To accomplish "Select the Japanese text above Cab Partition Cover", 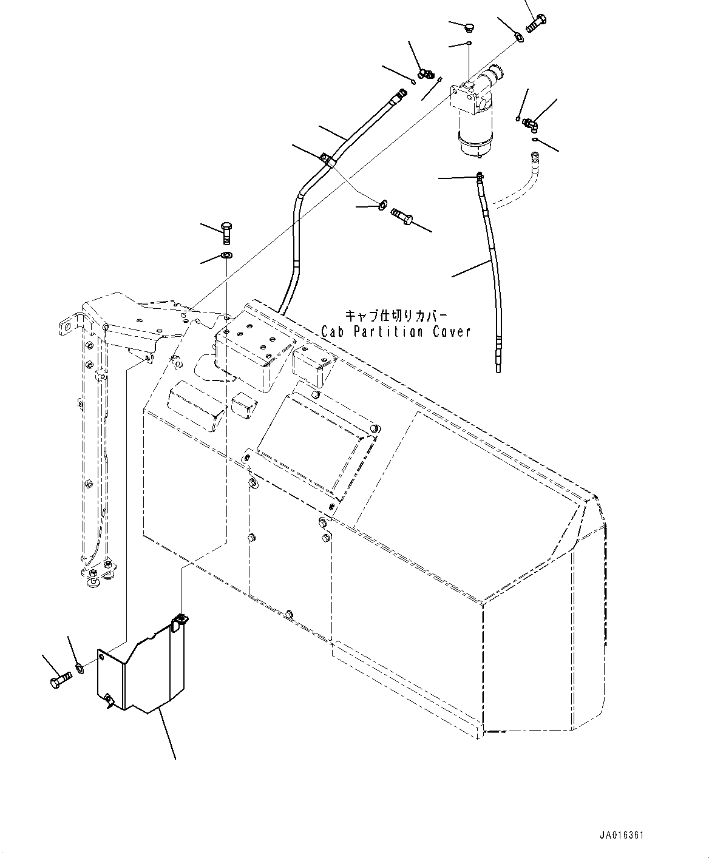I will click(x=396, y=316).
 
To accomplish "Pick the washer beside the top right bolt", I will click(x=520, y=38).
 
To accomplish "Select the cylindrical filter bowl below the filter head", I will click(x=477, y=136).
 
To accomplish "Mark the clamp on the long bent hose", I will click(x=325, y=159).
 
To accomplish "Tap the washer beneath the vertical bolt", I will click(x=226, y=254).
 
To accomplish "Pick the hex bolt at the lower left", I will click(x=59, y=679).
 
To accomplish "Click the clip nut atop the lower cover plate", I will click(x=181, y=620).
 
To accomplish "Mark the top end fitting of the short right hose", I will click(x=480, y=177).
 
